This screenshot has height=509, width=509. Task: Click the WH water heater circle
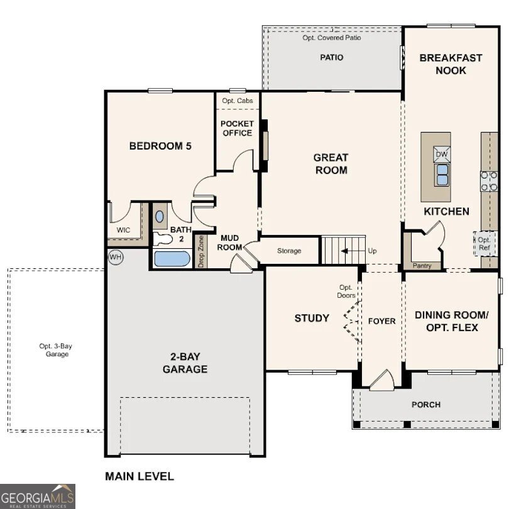tap(116, 256)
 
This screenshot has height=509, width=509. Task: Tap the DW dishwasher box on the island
tap(442, 154)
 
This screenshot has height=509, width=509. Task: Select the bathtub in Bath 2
tap(171, 258)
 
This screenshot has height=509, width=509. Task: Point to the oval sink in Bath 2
tap(160, 216)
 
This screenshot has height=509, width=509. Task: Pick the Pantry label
tap(422, 266)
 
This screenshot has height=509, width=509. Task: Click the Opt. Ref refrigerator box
tap(484, 244)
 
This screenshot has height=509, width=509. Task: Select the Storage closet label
tap(289, 251)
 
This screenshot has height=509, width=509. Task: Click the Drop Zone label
tap(201, 251)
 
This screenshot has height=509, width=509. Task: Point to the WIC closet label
tap(123, 230)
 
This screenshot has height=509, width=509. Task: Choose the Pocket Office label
tap(237, 128)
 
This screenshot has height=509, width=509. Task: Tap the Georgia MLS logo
tap(38, 496)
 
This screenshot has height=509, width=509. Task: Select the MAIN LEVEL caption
tap(139, 476)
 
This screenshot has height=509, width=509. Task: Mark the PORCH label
tap(426, 405)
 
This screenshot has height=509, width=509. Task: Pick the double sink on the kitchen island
tap(442, 173)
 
